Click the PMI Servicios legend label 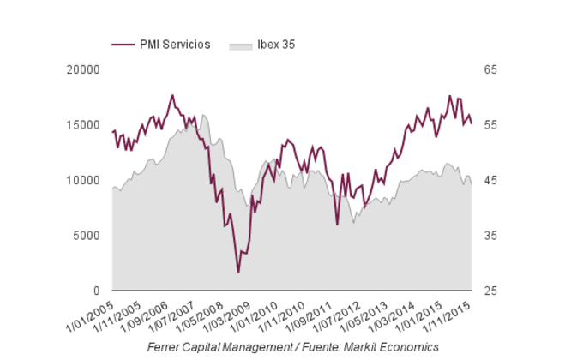point(175,45)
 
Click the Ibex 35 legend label point(277,45)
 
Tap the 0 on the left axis point(96,291)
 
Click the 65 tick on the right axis point(490,69)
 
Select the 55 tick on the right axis point(490,125)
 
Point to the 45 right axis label point(490,180)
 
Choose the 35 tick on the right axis point(490,236)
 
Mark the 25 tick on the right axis point(490,291)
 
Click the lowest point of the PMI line point(238,272)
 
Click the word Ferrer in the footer point(165,347)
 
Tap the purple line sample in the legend point(123,45)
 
